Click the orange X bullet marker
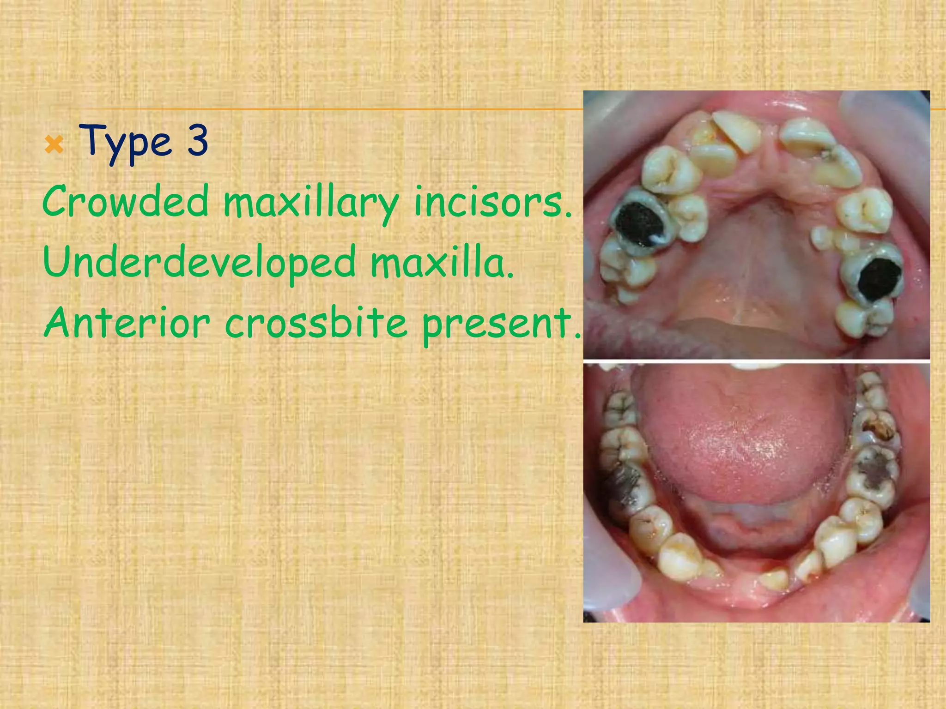(x=55, y=146)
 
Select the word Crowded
(x=125, y=201)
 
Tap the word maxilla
(x=442, y=262)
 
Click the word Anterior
(x=127, y=323)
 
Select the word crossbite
(x=316, y=323)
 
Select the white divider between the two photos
(x=756, y=361)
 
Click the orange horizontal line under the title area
(x=323, y=109)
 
